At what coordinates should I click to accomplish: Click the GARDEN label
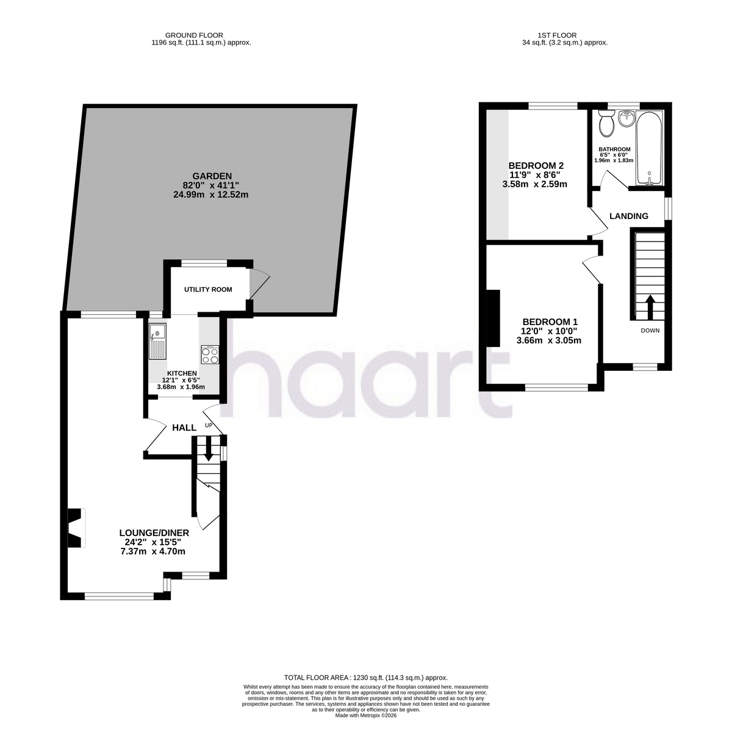[x=212, y=176]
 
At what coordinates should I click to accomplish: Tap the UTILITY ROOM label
[x=208, y=290]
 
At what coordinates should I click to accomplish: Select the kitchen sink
[x=157, y=341]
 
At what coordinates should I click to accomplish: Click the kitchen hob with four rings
[x=210, y=355]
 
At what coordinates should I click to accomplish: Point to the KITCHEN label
[x=182, y=373]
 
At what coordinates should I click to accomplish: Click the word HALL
[x=184, y=428]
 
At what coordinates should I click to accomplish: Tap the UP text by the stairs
[x=209, y=425]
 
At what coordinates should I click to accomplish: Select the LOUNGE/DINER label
[x=154, y=533]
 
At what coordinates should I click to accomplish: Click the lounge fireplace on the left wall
[x=76, y=528]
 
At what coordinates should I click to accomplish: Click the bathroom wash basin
[x=625, y=118]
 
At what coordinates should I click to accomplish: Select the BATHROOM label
[x=615, y=149]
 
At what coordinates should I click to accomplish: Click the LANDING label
[x=629, y=216]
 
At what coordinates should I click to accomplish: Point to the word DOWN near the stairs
[x=650, y=331]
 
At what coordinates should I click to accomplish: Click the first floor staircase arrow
[x=650, y=307]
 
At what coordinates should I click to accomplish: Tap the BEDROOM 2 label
[x=536, y=166]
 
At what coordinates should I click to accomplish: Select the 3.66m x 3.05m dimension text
[x=548, y=340]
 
